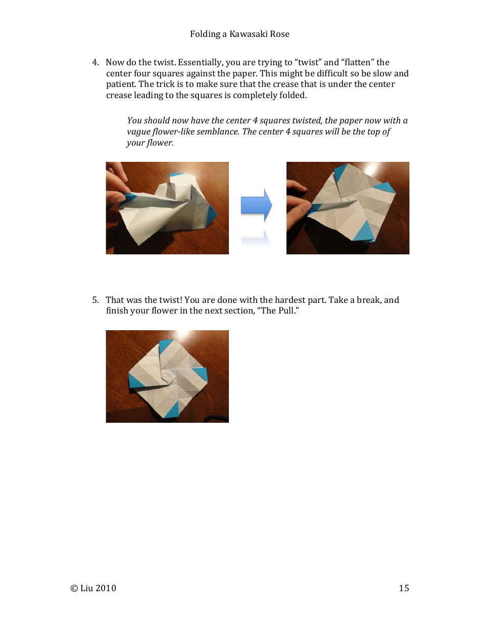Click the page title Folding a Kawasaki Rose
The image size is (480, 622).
(x=239, y=34)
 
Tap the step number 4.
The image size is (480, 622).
(x=95, y=62)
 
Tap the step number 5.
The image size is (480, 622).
(x=95, y=300)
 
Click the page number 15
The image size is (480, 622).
(x=404, y=588)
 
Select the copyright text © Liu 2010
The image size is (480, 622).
(x=93, y=588)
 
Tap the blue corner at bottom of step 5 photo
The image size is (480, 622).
(x=171, y=410)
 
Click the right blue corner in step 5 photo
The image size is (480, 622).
(x=201, y=375)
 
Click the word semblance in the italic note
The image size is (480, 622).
(x=218, y=131)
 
